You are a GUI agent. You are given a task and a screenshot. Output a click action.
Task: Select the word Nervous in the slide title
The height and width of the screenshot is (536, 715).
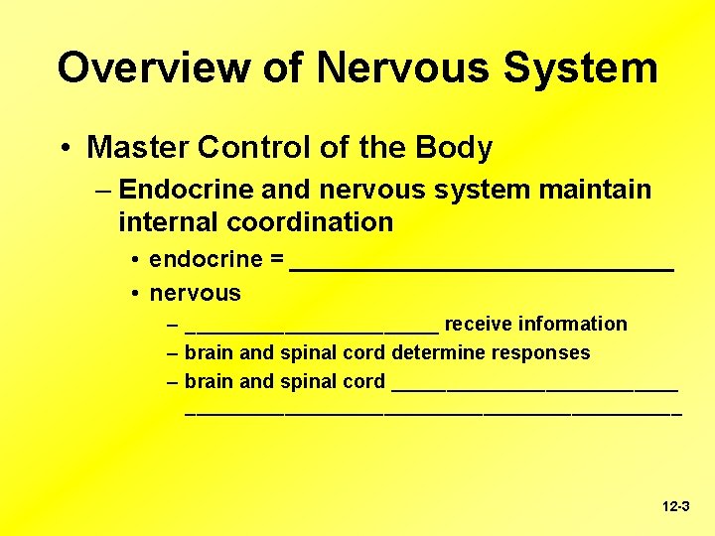404,67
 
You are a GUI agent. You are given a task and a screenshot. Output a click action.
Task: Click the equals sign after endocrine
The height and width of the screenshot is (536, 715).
275,260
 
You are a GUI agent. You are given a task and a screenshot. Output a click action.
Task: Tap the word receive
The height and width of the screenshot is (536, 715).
478,324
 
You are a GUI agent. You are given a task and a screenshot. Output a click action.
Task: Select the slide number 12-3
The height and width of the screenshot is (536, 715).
675,506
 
